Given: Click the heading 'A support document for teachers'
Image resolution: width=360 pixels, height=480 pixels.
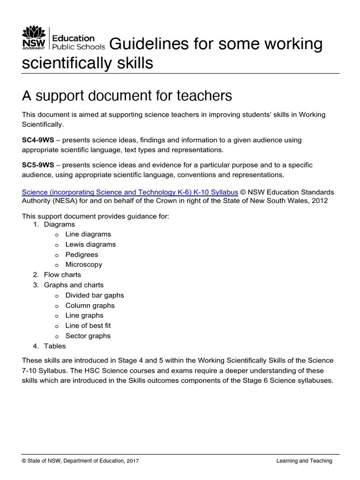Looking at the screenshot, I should coord(127,96).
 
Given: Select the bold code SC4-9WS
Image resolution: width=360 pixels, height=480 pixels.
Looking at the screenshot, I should coord(38,140).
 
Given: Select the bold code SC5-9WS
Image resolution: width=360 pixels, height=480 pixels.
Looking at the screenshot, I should coord(38,165).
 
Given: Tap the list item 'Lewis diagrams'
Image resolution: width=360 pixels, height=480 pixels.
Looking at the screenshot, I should coord(90,244).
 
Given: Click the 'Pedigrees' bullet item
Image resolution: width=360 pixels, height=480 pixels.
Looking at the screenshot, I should coord(82,255).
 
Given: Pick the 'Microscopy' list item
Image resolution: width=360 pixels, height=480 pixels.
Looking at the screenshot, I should coord(83,264).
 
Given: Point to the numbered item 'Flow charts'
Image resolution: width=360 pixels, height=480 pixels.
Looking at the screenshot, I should coord(62,275).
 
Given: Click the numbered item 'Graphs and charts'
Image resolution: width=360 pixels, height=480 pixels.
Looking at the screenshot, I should coord(74,285).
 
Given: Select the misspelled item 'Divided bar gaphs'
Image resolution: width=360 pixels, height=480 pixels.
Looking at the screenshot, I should coord(94,295).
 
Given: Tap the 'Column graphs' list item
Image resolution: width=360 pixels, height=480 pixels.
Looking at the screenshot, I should coord(90,306).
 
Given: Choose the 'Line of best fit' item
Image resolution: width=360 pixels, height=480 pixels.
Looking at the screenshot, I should coord(88,325).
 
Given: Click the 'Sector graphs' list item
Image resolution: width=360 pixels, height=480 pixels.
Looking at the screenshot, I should coord(88,336).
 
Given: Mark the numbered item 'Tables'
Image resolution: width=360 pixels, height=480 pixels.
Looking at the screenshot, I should coord(55,346).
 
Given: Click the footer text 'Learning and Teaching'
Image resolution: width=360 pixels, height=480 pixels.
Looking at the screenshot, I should coord(304,461).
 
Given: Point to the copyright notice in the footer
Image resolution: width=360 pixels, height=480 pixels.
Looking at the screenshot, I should coord(80,461).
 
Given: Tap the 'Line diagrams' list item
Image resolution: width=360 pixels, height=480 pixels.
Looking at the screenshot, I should coord(88,234).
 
